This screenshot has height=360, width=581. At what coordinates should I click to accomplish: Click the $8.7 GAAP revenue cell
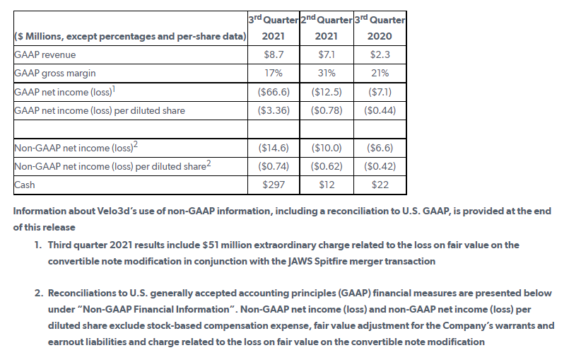pyautogui.click(x=273, y=54)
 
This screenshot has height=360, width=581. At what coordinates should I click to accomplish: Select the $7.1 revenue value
pyautogui.click(x=327, y=54)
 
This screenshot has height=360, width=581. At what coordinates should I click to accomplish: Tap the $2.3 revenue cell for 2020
pyautogui.click(x=380, y=54)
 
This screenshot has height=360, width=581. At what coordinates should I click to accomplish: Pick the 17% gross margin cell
pyautogui.click(x=273, y=73)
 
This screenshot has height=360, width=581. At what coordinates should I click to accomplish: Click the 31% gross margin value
pyautogui.click(x=327, y=73)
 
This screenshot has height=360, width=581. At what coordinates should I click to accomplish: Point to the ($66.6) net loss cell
pyautogui.click(x=273, y=92)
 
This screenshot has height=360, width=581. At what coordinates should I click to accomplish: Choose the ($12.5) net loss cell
pyautogui.click(x=327, y=92)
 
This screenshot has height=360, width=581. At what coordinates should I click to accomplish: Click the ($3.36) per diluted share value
pyautogui.click(x=273, y=110)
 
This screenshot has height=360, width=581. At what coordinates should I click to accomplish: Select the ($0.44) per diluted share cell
pyautogui.click(x=380, y=110)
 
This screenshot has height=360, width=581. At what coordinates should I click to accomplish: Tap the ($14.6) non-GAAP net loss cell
pyautogui.click(x=273, y=148)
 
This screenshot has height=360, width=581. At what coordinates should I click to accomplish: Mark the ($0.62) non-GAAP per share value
pyautogui.click(x=327, y=166)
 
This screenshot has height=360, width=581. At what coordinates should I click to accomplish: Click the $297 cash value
pyautogui.click(x=273, y=185)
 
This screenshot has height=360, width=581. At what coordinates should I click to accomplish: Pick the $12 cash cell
pyautogui.click(x=327, y=185)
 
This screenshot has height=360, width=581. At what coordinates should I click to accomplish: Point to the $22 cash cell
pyautogui.click(x=380, y=185)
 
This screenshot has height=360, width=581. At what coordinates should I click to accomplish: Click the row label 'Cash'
pyautogui.click(x=25, y=185)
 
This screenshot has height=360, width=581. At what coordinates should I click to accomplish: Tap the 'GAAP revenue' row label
pyautogui.click(x=45, y=54)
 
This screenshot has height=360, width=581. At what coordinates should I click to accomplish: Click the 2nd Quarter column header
pyautogui.click(x=327, y=27)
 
